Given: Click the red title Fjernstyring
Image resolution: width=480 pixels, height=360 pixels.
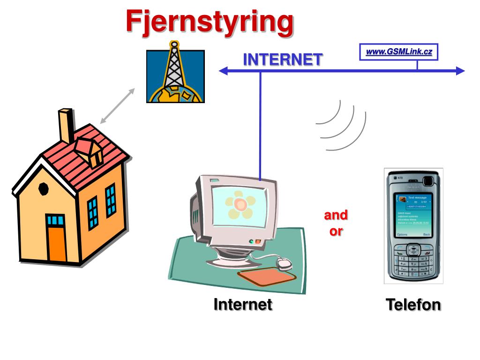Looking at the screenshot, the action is tap(209, 22).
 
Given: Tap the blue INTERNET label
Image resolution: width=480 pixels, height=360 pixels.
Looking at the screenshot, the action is tap(283, 60).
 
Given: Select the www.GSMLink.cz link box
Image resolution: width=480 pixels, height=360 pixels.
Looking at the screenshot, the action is tap(398, 52).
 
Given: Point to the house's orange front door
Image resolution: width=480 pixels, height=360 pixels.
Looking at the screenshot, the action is tap(57, 244).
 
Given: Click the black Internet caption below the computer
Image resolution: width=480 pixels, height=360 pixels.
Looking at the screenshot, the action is tap(243, 305).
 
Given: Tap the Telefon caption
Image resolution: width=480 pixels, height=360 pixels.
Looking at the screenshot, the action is tap(413, 305).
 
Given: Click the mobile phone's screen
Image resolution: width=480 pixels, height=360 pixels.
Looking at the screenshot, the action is tap(413, 215).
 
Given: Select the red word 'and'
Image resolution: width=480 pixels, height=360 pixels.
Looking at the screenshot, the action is tap(336, 215).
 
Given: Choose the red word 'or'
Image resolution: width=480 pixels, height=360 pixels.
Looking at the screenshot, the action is tap(336, 231).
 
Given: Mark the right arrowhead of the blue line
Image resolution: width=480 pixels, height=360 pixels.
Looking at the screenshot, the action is tap(459, 71).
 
